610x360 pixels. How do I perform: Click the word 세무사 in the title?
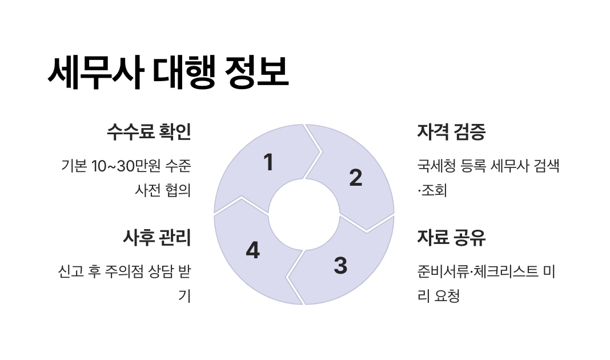[94, 73]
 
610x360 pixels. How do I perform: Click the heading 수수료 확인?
[149, 132]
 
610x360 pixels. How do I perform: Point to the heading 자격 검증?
[451, 132]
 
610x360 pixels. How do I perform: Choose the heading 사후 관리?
[156, 237]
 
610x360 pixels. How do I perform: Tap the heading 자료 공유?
[451, 237]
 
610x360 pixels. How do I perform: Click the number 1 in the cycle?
[268, 163]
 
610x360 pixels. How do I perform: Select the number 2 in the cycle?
[355, 178]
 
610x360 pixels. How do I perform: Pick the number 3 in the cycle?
[340, 266]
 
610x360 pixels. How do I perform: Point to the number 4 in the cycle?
[252, 250]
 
